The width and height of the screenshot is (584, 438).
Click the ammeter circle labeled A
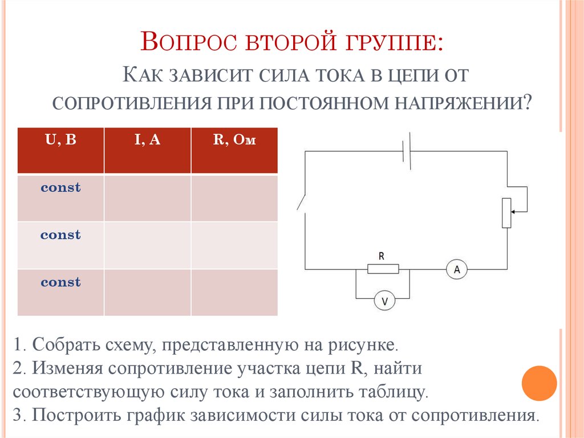click(456, 268)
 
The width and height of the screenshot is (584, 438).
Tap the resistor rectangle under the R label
click(383, 269)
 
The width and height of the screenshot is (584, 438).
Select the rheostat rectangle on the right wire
click(506, 212)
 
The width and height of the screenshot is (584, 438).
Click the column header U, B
click(60, 140)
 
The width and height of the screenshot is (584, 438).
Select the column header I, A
click(147, 140)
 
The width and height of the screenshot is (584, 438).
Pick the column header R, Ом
click(234, 140)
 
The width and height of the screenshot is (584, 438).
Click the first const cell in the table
click(60, 188)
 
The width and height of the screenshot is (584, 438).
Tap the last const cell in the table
click(60, 283)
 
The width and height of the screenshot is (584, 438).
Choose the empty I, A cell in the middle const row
click(147, 245)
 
